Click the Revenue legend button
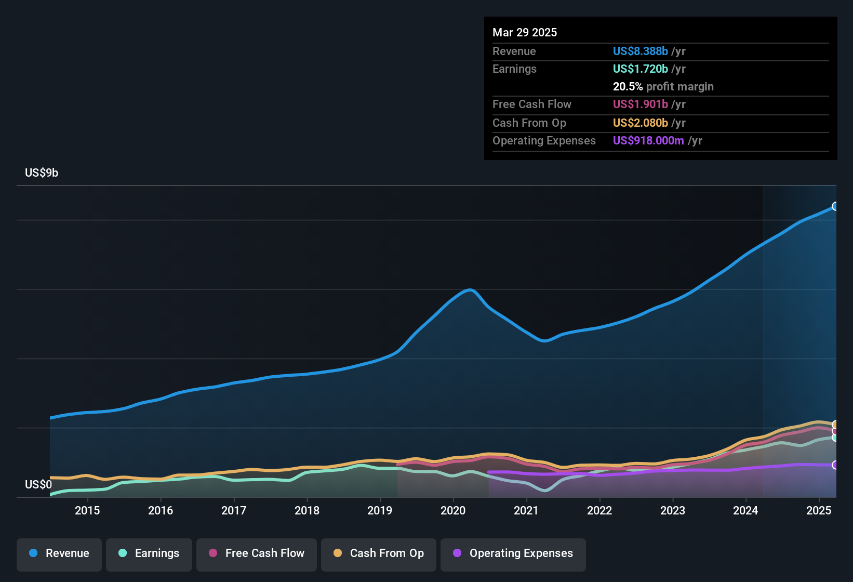[x=59, y=553]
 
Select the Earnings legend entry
[x=149, y=553]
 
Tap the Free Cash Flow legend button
[x=257, y=553]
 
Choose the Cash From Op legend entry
[x=379, y=553]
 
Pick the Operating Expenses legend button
[x=513, y=553]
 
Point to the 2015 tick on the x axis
[x=87, y=511]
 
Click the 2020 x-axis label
[x=453, y=511]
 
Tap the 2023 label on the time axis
[x=672, y=511]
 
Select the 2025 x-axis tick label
[x=818, y=511]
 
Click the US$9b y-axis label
[x=42, y=173]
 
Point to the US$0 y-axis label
[x=38, y=485]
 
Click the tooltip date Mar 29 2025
[x=525, y=33]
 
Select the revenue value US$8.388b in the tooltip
[x=640, y=51]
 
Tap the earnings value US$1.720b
[x=640, y=69]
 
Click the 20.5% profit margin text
[x=663, y=87]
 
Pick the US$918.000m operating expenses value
[x=648, y=141]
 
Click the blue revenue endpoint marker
[x=835, y=206]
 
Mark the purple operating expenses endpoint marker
[x=835, y=465]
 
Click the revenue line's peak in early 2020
[x=470, y=290]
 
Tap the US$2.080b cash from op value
[x=640, y=123]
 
